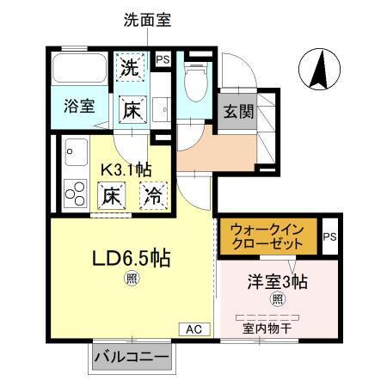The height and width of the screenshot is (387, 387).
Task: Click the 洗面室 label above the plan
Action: click(147, 19)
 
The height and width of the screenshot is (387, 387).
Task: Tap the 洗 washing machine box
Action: click(130, 67)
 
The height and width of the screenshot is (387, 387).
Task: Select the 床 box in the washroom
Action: click(131, 109)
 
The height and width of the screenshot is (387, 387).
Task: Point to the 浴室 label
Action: click(80, 107)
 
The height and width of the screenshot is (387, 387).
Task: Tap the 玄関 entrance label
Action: click(238, 111)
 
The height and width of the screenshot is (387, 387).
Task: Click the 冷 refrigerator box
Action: click(154, 195)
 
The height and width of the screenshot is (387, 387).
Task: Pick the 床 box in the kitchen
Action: click(113, 195)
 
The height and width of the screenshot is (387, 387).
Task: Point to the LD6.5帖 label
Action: click(128, 257)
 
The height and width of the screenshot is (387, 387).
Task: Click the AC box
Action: click(193, 329)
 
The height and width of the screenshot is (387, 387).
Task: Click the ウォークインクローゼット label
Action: click(267, 236)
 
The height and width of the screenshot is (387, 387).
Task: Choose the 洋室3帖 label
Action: click(279, 280)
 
